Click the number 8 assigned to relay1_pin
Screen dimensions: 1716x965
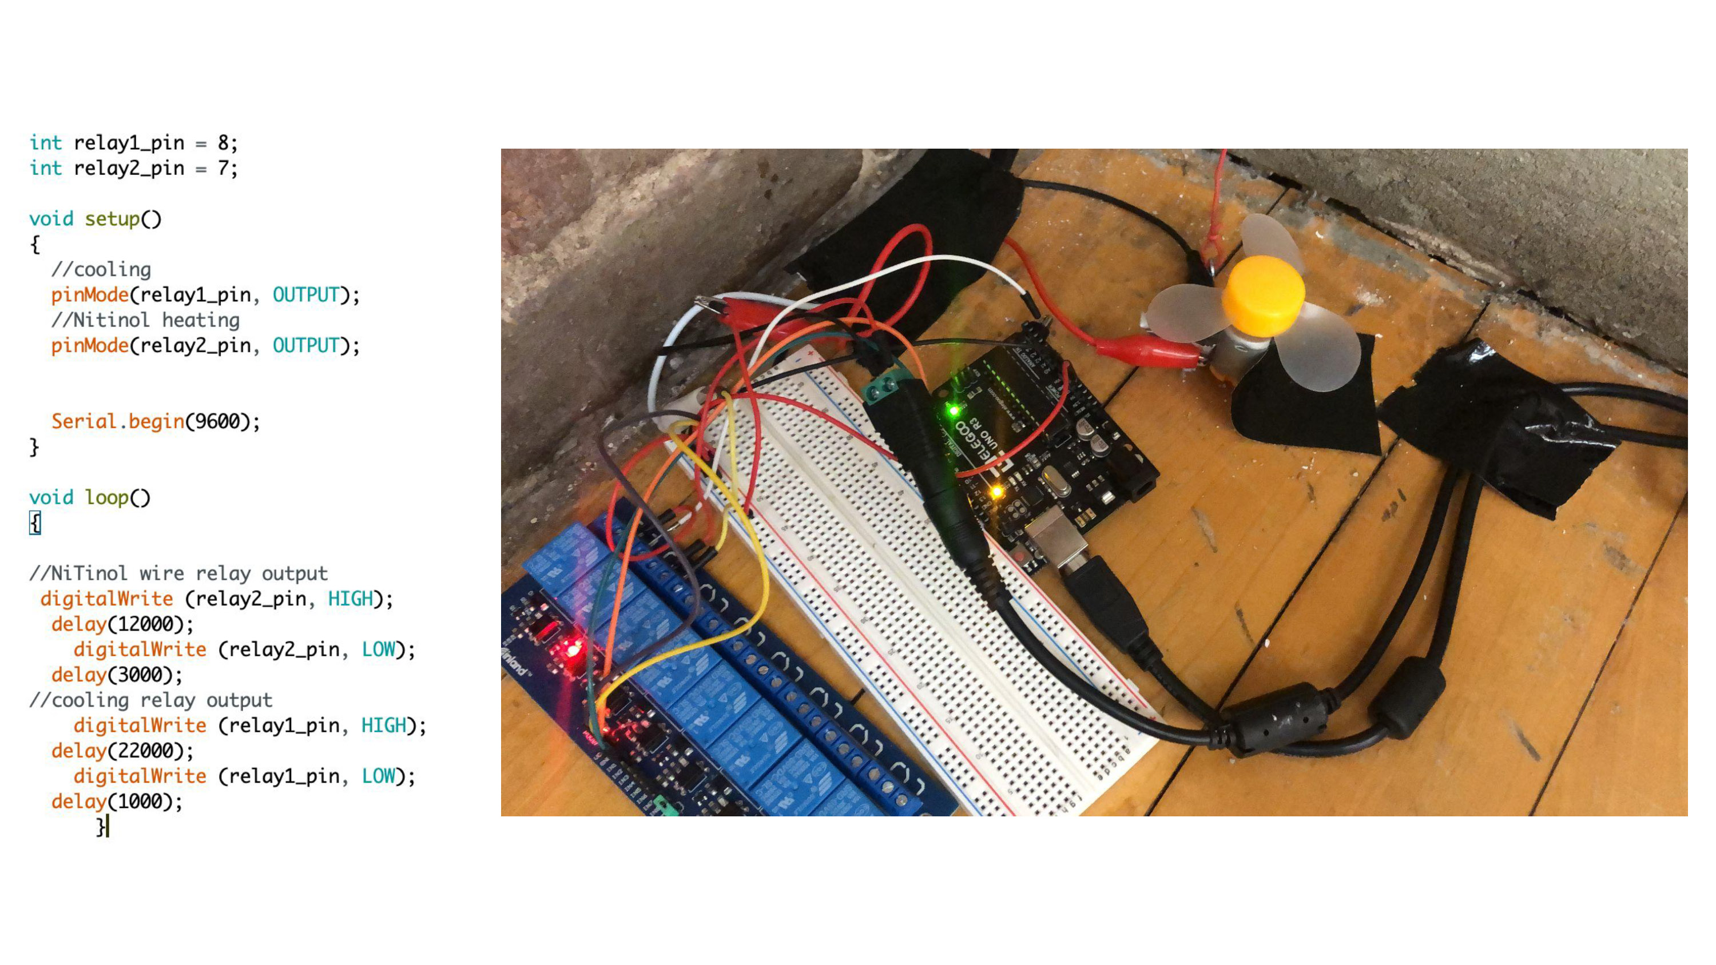coord(223,142)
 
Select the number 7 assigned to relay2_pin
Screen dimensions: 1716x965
coord(223,168)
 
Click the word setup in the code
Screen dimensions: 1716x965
coord(112,219)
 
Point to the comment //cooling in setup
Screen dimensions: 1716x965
coord(101,270)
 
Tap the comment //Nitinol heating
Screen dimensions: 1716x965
coord(145,320)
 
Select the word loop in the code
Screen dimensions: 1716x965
coord(106,497)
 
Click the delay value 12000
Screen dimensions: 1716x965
coord(150,624)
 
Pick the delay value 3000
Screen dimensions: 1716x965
coord(145,675)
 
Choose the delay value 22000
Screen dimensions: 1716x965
coord(150,751)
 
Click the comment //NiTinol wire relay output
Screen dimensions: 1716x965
coord(178,573)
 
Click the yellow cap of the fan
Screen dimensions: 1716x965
coord(1263,294)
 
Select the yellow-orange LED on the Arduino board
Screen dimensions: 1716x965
coord(996,492)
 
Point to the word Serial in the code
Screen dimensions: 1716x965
coord(84,421)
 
